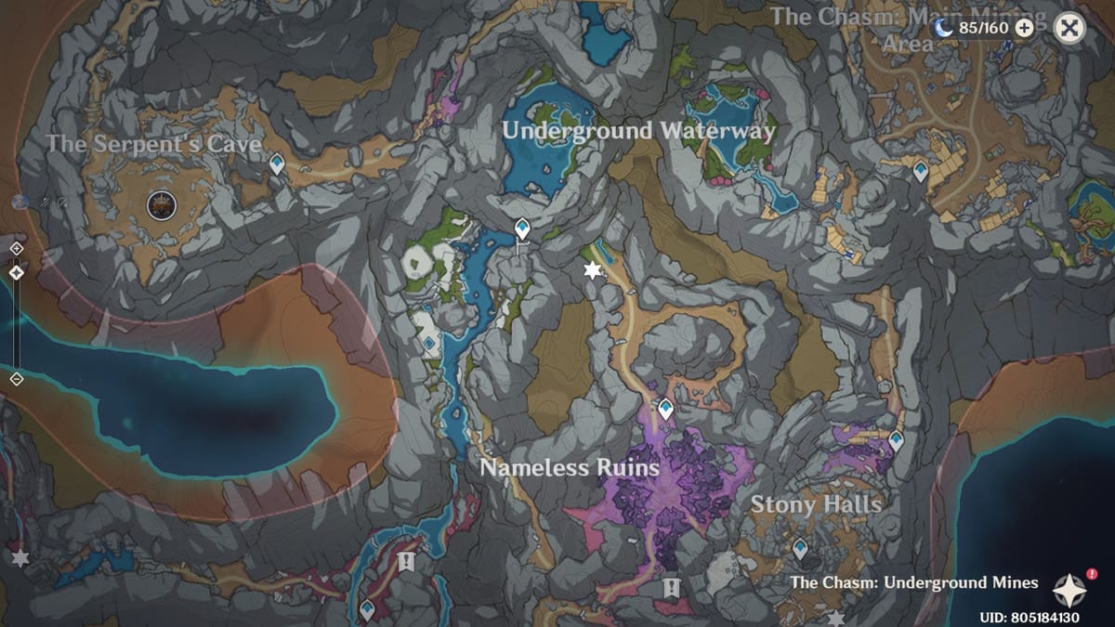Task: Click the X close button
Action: pos(1069,28)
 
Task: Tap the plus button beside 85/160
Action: pos(1024,28)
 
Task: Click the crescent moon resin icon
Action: pos(944,28)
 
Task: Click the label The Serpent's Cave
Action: pos(153,144)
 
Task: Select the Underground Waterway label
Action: pos(638,131)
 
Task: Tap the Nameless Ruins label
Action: pos(569,467)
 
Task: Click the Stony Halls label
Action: pos(816,504)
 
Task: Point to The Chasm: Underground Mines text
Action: pos(913,582)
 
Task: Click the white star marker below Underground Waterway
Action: pos(591,270)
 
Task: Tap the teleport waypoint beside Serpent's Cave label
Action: pos(276,165)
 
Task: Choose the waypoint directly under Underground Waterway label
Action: pos(523,228)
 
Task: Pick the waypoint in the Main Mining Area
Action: pos(920,171)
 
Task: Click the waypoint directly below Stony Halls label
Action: pos(800,548)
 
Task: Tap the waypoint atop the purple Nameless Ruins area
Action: pos(665,408)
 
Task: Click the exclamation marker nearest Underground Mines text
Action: pos(672,587)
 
